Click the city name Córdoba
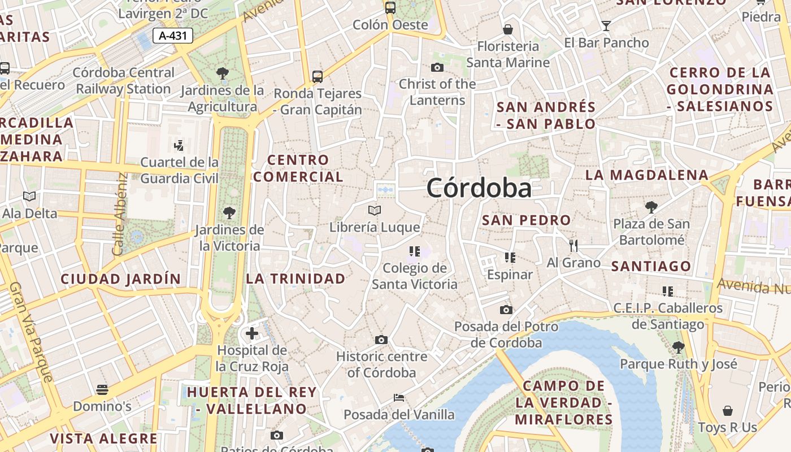point(479,188)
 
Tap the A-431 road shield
point(173,36)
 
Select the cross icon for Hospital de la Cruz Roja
point(252,333)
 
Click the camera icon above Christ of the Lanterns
point(437,68)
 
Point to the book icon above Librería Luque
point(375,211)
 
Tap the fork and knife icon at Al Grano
point(573,246)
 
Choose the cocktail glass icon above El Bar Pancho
point(606,25)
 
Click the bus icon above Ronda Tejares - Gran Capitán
point(318,76)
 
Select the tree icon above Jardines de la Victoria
point(229,213)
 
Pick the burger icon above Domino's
point(102,389)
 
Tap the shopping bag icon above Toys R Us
point(728,411)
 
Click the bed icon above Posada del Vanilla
point(399,398)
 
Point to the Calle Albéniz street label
point(120,214)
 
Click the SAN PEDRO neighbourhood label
point(526,220)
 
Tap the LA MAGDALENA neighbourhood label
point(647,175)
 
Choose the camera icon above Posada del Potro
point(506,310)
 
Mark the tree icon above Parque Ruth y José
point(679,347)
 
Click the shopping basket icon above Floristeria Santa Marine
point(508,29)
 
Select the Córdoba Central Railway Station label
point(124,81)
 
